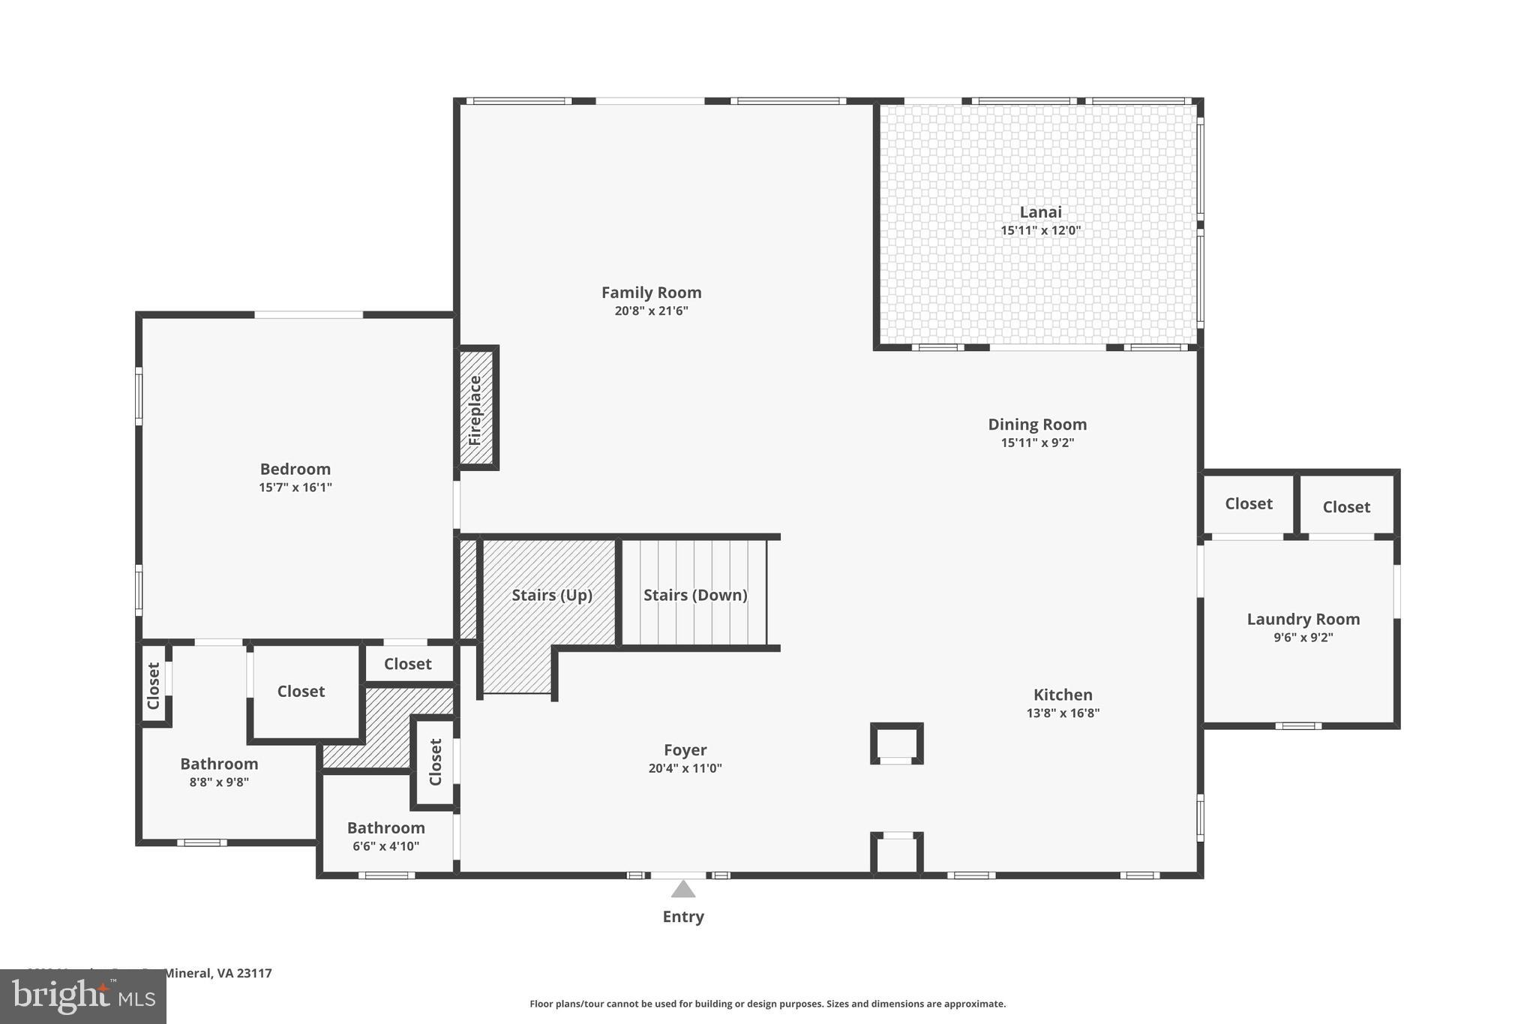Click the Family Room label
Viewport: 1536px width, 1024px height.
click(651, 293)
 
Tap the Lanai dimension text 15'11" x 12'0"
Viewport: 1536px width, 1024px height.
click(1040, 230)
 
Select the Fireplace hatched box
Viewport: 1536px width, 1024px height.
click(476, 409)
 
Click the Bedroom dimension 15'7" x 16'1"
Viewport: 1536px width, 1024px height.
click(295, 488)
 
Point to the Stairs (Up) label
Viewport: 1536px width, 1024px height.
click(552, 595)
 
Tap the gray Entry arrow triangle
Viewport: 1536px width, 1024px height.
click(682, 890)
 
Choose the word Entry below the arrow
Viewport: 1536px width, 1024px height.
click(682, 917)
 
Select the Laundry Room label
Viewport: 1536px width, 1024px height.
click(1303, 620)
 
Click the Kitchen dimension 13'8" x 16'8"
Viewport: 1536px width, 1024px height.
click(1063, 713)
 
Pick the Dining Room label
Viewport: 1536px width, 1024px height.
click(1037, 425)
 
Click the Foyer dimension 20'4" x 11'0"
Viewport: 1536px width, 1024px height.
click(685, 768)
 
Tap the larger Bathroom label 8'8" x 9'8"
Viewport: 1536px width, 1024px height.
click(219, 764)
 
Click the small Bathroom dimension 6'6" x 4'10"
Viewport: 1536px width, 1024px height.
click(385, 846)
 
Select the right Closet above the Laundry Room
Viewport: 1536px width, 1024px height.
click(1346, 507)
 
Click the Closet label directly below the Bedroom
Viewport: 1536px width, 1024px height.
click(407, 664)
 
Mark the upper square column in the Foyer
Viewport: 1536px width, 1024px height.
click(896, 743)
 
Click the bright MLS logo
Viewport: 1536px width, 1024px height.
click(83, 997)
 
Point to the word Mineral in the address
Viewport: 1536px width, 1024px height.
click(187, 973)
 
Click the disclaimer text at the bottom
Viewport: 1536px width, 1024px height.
click(767, 1004)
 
